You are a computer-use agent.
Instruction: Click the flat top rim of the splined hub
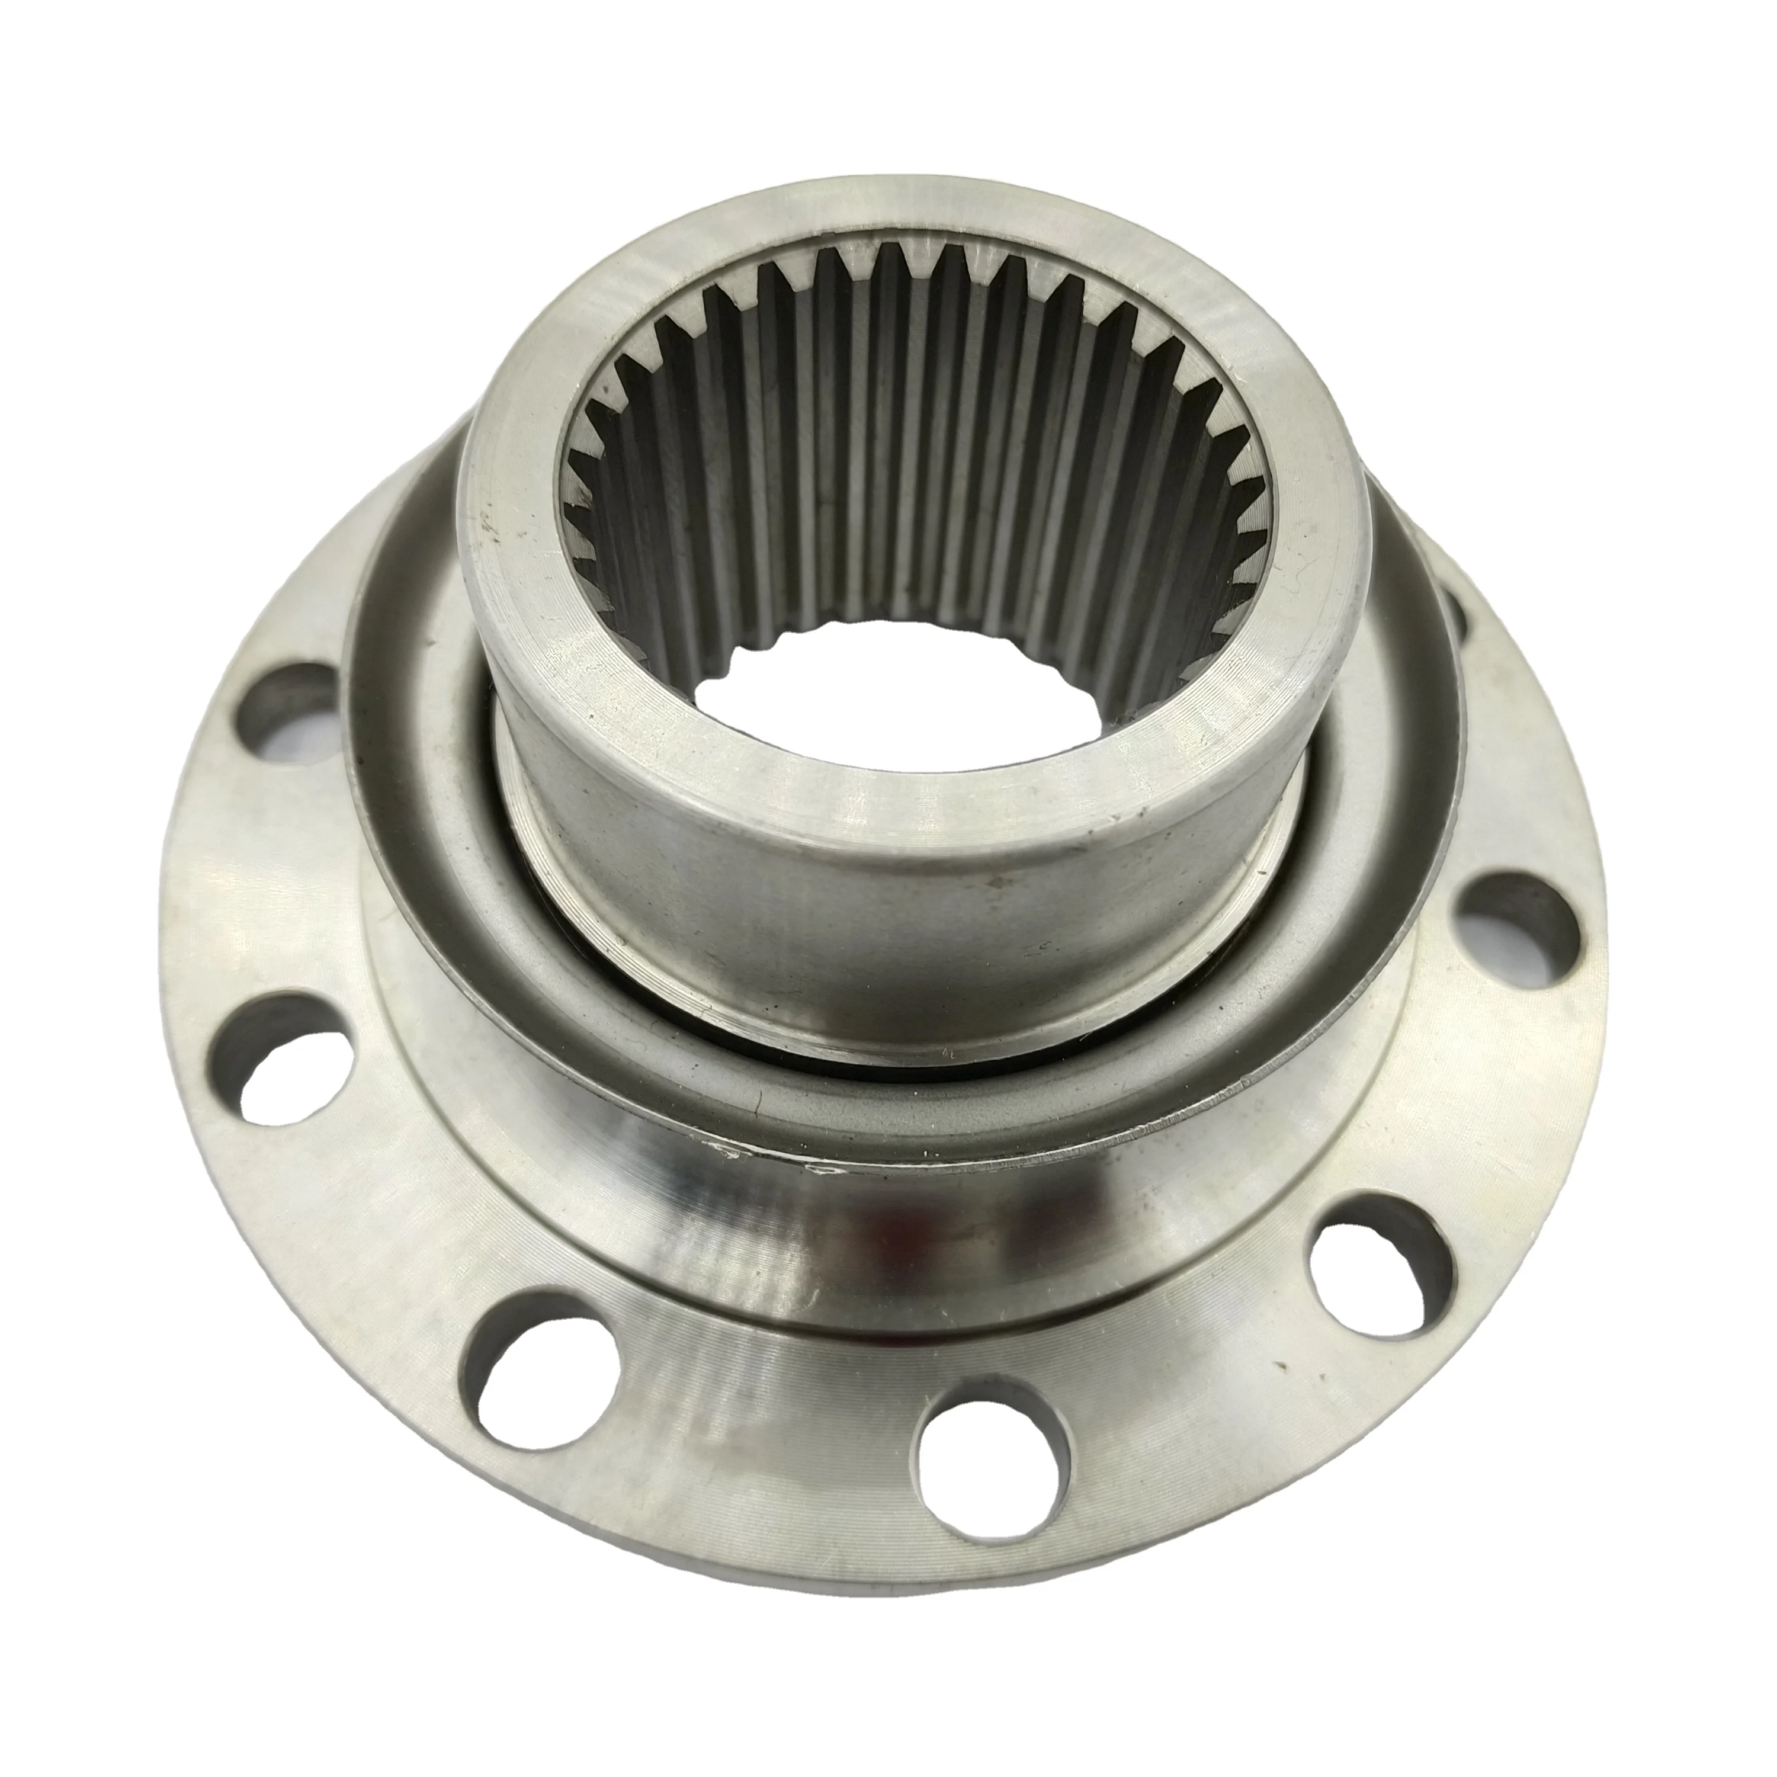pos(515,515)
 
